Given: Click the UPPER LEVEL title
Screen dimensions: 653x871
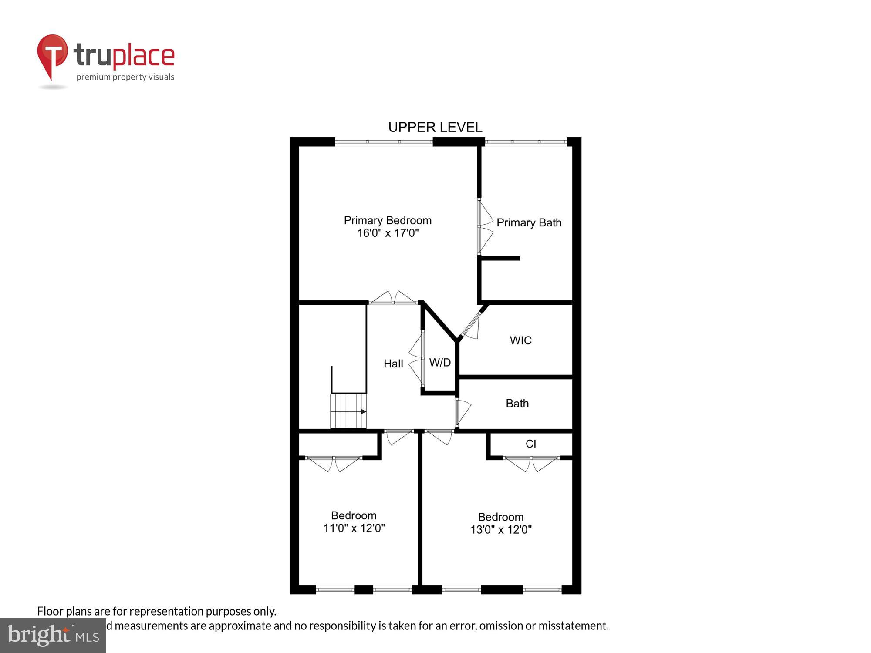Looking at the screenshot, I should [435, 127].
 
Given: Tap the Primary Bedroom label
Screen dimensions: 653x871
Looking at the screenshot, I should [388, 220].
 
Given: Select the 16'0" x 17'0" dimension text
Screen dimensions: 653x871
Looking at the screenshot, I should [388, 233].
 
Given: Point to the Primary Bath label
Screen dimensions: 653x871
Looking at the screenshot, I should [529, 222].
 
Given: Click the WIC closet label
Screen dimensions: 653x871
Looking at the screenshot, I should [520, 340].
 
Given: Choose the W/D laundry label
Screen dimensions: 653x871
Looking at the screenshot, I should [440, 363].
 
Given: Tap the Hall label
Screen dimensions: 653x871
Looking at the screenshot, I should [393, 364].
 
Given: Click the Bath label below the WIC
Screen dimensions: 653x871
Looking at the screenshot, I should [517, 404].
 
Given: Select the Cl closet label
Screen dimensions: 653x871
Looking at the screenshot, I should [530, 444].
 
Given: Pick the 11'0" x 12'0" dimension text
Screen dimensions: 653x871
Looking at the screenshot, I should [354, 528].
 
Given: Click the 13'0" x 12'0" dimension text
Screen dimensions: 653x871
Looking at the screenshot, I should [501, 530].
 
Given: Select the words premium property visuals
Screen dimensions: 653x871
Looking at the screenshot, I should [125, 77].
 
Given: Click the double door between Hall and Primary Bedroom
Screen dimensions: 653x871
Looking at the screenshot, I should [393, 298].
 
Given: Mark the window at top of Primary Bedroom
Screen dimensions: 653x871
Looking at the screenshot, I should [384, 141].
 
